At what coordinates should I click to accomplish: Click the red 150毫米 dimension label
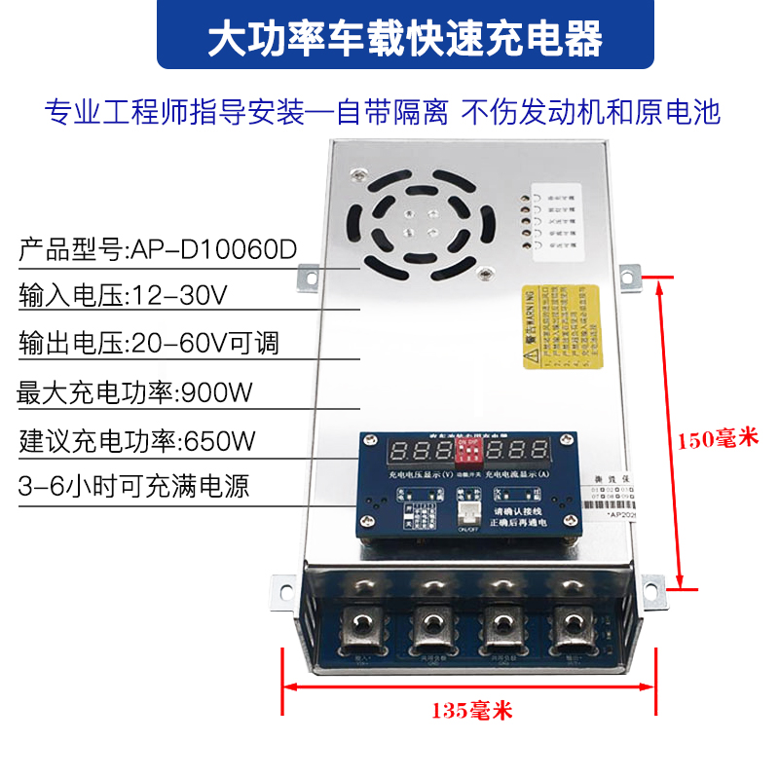[717, 438]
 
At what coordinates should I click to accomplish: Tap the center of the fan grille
[413, 223]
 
